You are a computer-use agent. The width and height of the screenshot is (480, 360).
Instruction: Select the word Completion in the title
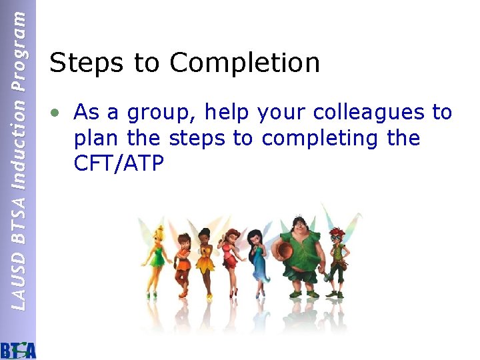pos(245,63)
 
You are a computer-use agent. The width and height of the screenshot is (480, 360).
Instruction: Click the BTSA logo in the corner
pos(19,349)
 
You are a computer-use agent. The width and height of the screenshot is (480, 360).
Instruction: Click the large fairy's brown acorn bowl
pos(284,248)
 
